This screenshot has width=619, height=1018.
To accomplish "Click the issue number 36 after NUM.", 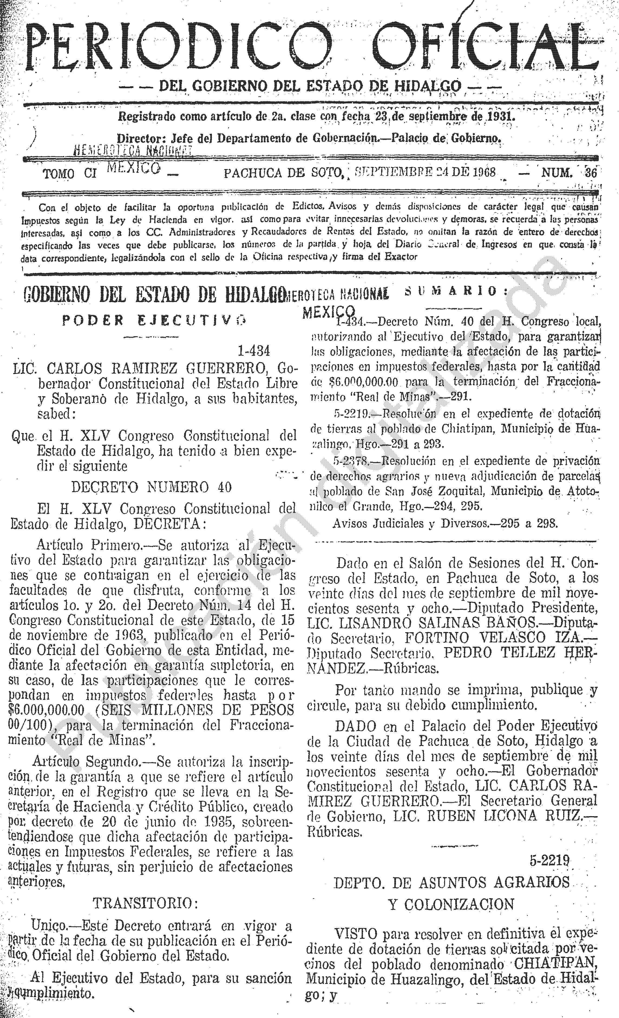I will point(591,173).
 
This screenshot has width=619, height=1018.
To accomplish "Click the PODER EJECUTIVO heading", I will point(153,320).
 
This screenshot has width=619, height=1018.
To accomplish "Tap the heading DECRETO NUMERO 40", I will point(151,487).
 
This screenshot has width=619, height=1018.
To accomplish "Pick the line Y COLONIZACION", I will point(451,904).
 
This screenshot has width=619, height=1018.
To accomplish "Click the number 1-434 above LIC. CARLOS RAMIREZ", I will point(254,351).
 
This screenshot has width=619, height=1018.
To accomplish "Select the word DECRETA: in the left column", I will point(168,524).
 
